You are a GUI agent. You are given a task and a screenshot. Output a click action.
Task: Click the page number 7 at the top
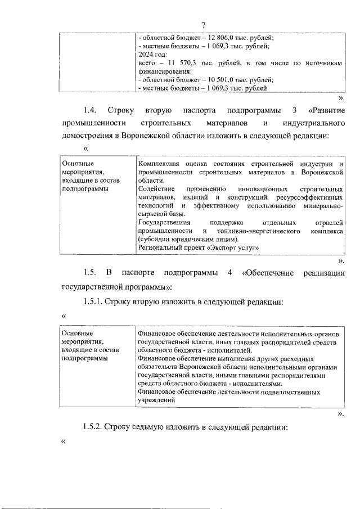[x=204, y=24]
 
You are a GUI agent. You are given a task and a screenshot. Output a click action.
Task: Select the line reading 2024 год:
[x=153, y=55]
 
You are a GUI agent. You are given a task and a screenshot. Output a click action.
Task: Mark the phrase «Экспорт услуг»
[x=236, y=248]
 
